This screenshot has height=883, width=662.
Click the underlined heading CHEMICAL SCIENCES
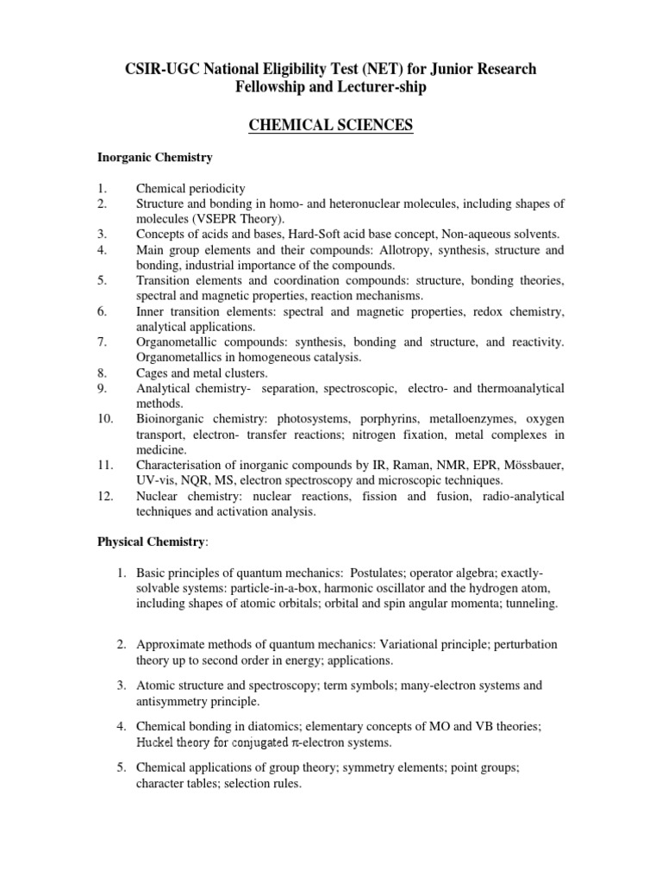pos(331,126)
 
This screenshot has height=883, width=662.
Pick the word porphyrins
pos(349,420)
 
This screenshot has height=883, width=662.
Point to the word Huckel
pos(155,742)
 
